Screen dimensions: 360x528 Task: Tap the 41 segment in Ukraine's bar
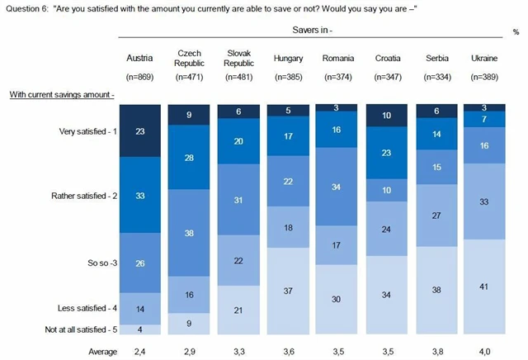click(488, 286)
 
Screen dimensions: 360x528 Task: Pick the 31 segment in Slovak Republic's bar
click(239, 201)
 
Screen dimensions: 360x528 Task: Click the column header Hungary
click(289, 59)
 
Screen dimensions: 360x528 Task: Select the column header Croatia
click(388, 59)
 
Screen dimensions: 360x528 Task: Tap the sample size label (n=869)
click(139, 77)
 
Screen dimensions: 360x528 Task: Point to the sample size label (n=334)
click(437, 77)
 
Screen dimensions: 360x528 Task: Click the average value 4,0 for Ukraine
click(488, 351)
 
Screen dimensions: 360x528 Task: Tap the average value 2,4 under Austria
click(139, 351)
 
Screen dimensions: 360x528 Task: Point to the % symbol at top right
click(515, 31)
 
